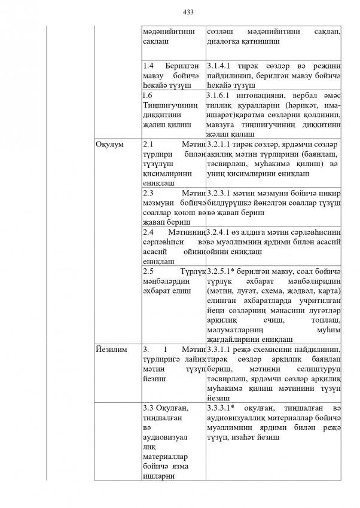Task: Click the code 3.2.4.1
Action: click(222, 232)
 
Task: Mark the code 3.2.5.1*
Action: click(224, 271)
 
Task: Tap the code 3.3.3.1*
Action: click(224, 408)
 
